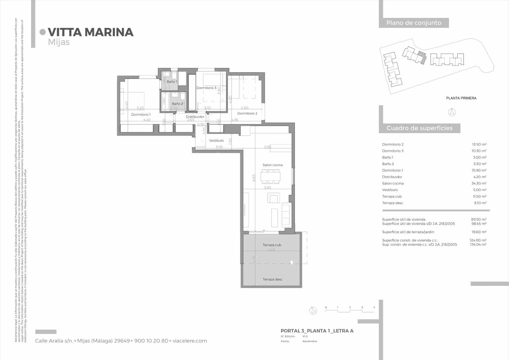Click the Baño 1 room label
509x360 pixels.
(x=172, y=82)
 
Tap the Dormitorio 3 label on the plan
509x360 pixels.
(x=206, y=88)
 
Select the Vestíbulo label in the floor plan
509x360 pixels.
(x=216, y=140)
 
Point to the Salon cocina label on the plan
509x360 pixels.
(x=273, y=165)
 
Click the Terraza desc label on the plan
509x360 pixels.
(x=273, y=279)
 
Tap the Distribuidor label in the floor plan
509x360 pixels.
(x=195, y=117)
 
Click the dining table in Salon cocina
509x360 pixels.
(x=271, y=176)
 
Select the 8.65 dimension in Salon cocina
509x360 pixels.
(x=254, y=178)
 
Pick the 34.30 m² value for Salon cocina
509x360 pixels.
(x=479, y=183)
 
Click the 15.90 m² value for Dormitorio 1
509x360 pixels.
(x=479, y=170)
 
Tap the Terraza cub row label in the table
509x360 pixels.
(x=392, y=196)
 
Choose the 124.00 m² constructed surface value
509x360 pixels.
(x=478, y=240)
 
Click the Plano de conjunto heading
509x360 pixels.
(x=414, y=23)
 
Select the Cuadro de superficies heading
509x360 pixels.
(x=419, y=128)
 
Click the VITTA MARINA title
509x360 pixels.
(x=91, y=32)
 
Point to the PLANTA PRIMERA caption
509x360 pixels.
(x=461, y=98)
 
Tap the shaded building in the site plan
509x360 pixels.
(x=422, y=57)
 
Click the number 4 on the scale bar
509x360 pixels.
(x=374, y=307)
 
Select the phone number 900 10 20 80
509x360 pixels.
(x=151, y=341)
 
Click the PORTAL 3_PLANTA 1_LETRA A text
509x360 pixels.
(x=317, y=331)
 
